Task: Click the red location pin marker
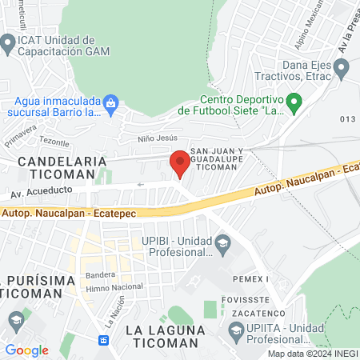(180, 163)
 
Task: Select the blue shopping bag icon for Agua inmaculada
(111, 102)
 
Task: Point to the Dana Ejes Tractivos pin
(342, 70)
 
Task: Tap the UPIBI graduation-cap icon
(222, 242)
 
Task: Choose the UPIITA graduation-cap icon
(237, 328)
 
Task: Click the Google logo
(26, 350)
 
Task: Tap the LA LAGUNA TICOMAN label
(161, 336)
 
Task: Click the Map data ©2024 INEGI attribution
(311, 353)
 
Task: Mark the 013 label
(346, 119)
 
